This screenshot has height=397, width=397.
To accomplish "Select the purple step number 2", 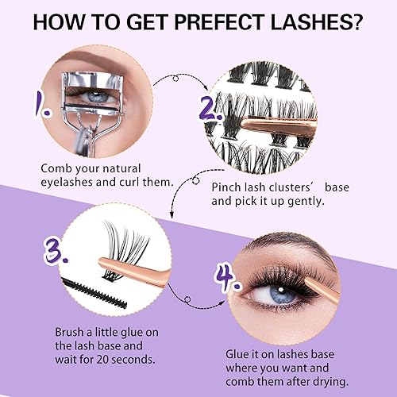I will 212,106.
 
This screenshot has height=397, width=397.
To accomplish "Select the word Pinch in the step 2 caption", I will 228,188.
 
